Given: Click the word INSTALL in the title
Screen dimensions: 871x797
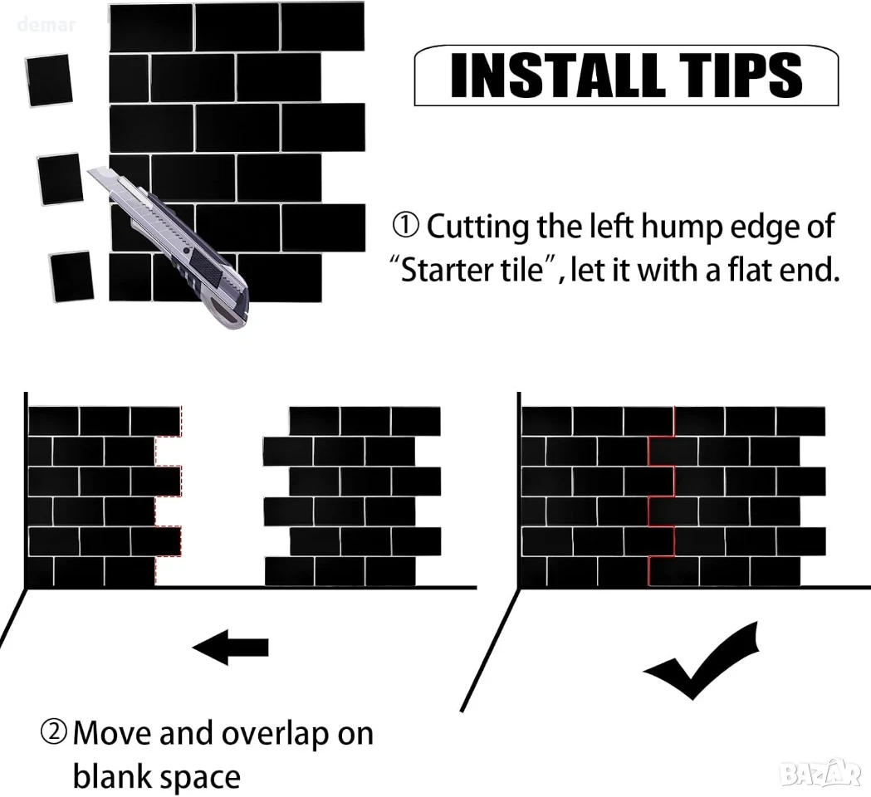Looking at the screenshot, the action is [558, 76].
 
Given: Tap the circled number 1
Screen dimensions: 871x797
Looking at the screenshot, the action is [406, 226].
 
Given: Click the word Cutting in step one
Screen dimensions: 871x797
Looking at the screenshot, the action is [477, 228].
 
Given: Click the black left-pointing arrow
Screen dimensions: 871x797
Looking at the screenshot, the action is [231, 647].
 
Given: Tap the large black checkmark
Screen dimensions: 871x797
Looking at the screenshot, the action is [701, 660].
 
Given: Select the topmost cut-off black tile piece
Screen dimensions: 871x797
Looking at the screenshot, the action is [49, 81].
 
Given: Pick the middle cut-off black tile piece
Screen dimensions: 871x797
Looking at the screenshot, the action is [60, 179].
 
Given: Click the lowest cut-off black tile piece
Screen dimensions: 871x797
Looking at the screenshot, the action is [71, 276].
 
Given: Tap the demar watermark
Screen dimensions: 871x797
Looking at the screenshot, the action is [46, 25].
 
